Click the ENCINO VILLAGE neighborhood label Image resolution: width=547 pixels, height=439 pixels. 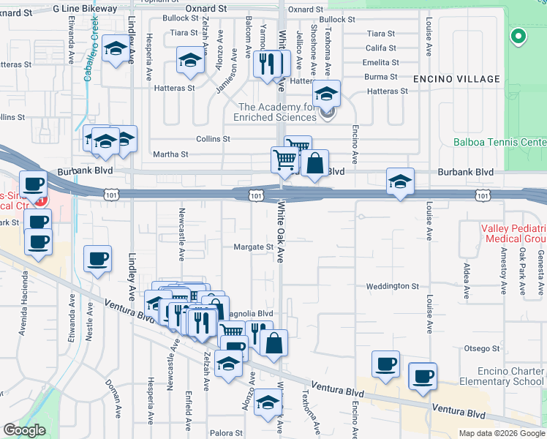456,79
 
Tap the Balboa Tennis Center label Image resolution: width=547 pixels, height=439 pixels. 500,142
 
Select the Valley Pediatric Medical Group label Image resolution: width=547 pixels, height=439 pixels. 513,234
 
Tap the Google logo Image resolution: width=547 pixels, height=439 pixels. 24,429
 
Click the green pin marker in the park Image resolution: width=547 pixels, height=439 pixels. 518,35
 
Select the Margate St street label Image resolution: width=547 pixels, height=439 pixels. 254,247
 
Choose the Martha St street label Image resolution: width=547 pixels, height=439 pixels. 170,154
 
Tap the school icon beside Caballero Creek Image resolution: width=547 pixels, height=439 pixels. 115,50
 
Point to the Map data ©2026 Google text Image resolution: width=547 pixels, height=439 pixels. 502,433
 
